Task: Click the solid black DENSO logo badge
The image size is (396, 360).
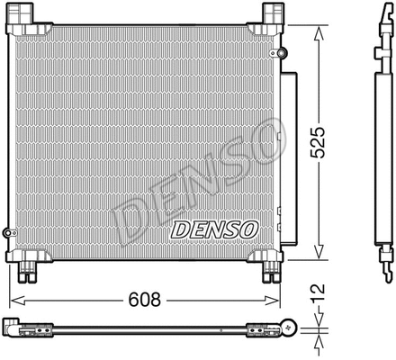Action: click(213, 230)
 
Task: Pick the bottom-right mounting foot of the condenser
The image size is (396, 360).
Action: click(273, 266)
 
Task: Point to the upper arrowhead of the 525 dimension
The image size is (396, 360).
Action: click(317, 31)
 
